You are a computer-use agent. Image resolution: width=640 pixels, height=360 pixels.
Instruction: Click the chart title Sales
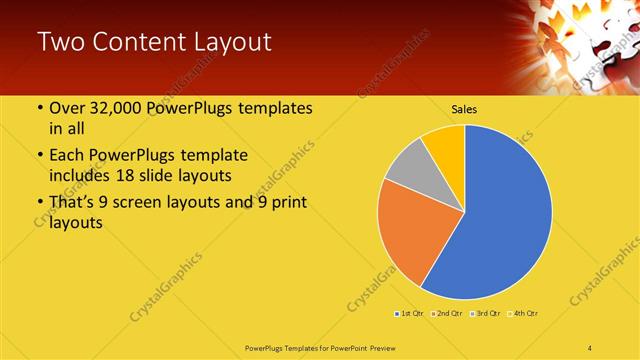point(464,108)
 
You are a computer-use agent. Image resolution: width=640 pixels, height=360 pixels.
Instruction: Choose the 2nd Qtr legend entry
point(448,314)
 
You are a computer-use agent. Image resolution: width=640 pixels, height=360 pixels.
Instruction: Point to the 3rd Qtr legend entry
point(487,314)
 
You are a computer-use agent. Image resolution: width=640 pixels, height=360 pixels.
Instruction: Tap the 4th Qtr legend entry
point(525,314)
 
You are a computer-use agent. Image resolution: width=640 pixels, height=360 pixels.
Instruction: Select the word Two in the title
point(60,42)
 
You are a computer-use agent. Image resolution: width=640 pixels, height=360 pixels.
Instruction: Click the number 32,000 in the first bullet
point(120,109)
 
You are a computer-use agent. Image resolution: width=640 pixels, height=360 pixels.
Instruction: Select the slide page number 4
point(591,347)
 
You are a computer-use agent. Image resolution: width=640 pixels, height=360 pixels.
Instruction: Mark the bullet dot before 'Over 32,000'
point(39,109)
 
